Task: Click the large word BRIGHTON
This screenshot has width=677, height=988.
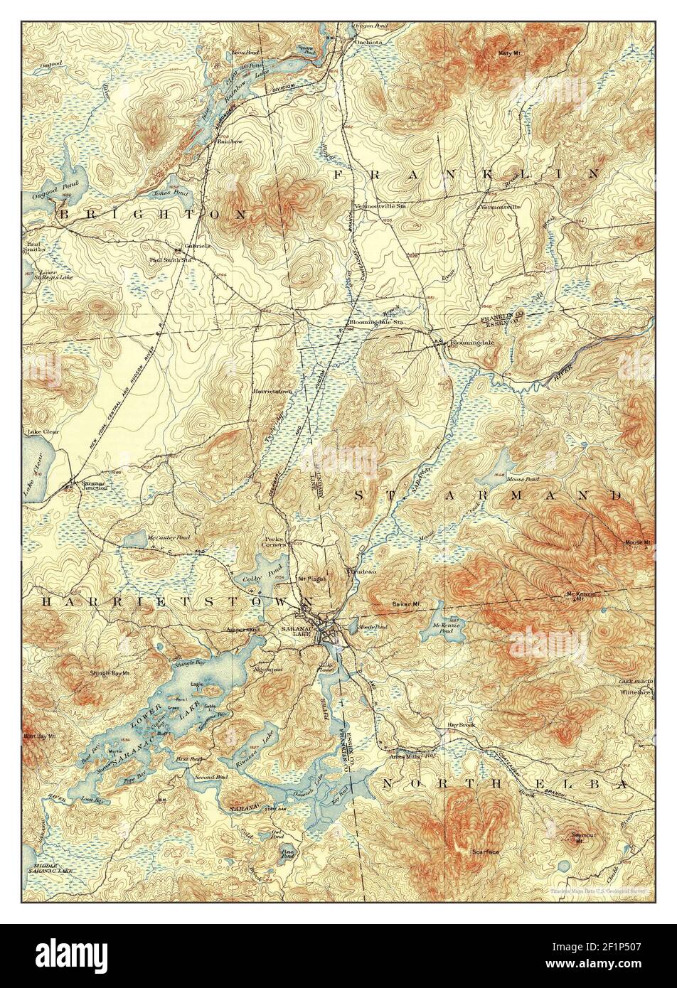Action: tap(154, 213)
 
